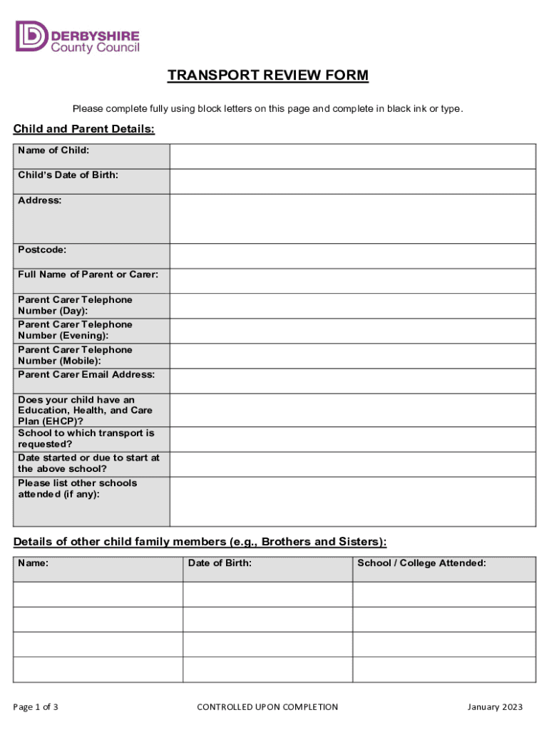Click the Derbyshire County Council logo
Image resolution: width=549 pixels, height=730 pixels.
click(x=77, y=37)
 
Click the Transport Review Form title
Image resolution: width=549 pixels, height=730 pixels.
click(x=268, y=76)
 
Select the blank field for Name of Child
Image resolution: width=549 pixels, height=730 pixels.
click(x=352, y=156)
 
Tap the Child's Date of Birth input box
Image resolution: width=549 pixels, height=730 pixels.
click(x=352, y=181)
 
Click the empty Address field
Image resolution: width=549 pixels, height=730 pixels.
click(x=352, y=219)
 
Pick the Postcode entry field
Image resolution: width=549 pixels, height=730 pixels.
click(x=352, y=256)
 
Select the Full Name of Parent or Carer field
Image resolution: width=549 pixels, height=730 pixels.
click(x=352, y=281)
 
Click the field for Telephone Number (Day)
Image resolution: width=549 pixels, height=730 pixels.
click(x=352, y=306)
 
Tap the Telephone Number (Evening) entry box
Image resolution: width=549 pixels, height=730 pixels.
click(x=352, y=331)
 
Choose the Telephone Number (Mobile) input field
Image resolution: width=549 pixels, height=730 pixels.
click(x=352, y=356)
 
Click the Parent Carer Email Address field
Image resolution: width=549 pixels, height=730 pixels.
click(x=352, y=381)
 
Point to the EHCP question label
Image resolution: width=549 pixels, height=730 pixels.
click(x=86, y=411)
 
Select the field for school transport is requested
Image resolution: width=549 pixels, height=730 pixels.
click(x=352, y=439)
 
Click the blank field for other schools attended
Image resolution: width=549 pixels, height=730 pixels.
click(x=352, y=501)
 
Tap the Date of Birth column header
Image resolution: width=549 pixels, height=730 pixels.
click(x=220, y=563)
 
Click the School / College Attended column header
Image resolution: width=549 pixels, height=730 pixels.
click(x=421, y=563)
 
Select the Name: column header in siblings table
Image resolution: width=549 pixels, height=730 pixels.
click(x=34, y=563)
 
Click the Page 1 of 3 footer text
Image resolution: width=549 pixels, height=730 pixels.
click(x=36, y=707)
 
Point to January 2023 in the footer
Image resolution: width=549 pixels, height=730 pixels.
click(x=495, y=707)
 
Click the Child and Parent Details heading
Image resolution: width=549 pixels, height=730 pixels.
click(x=83, y=129)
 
